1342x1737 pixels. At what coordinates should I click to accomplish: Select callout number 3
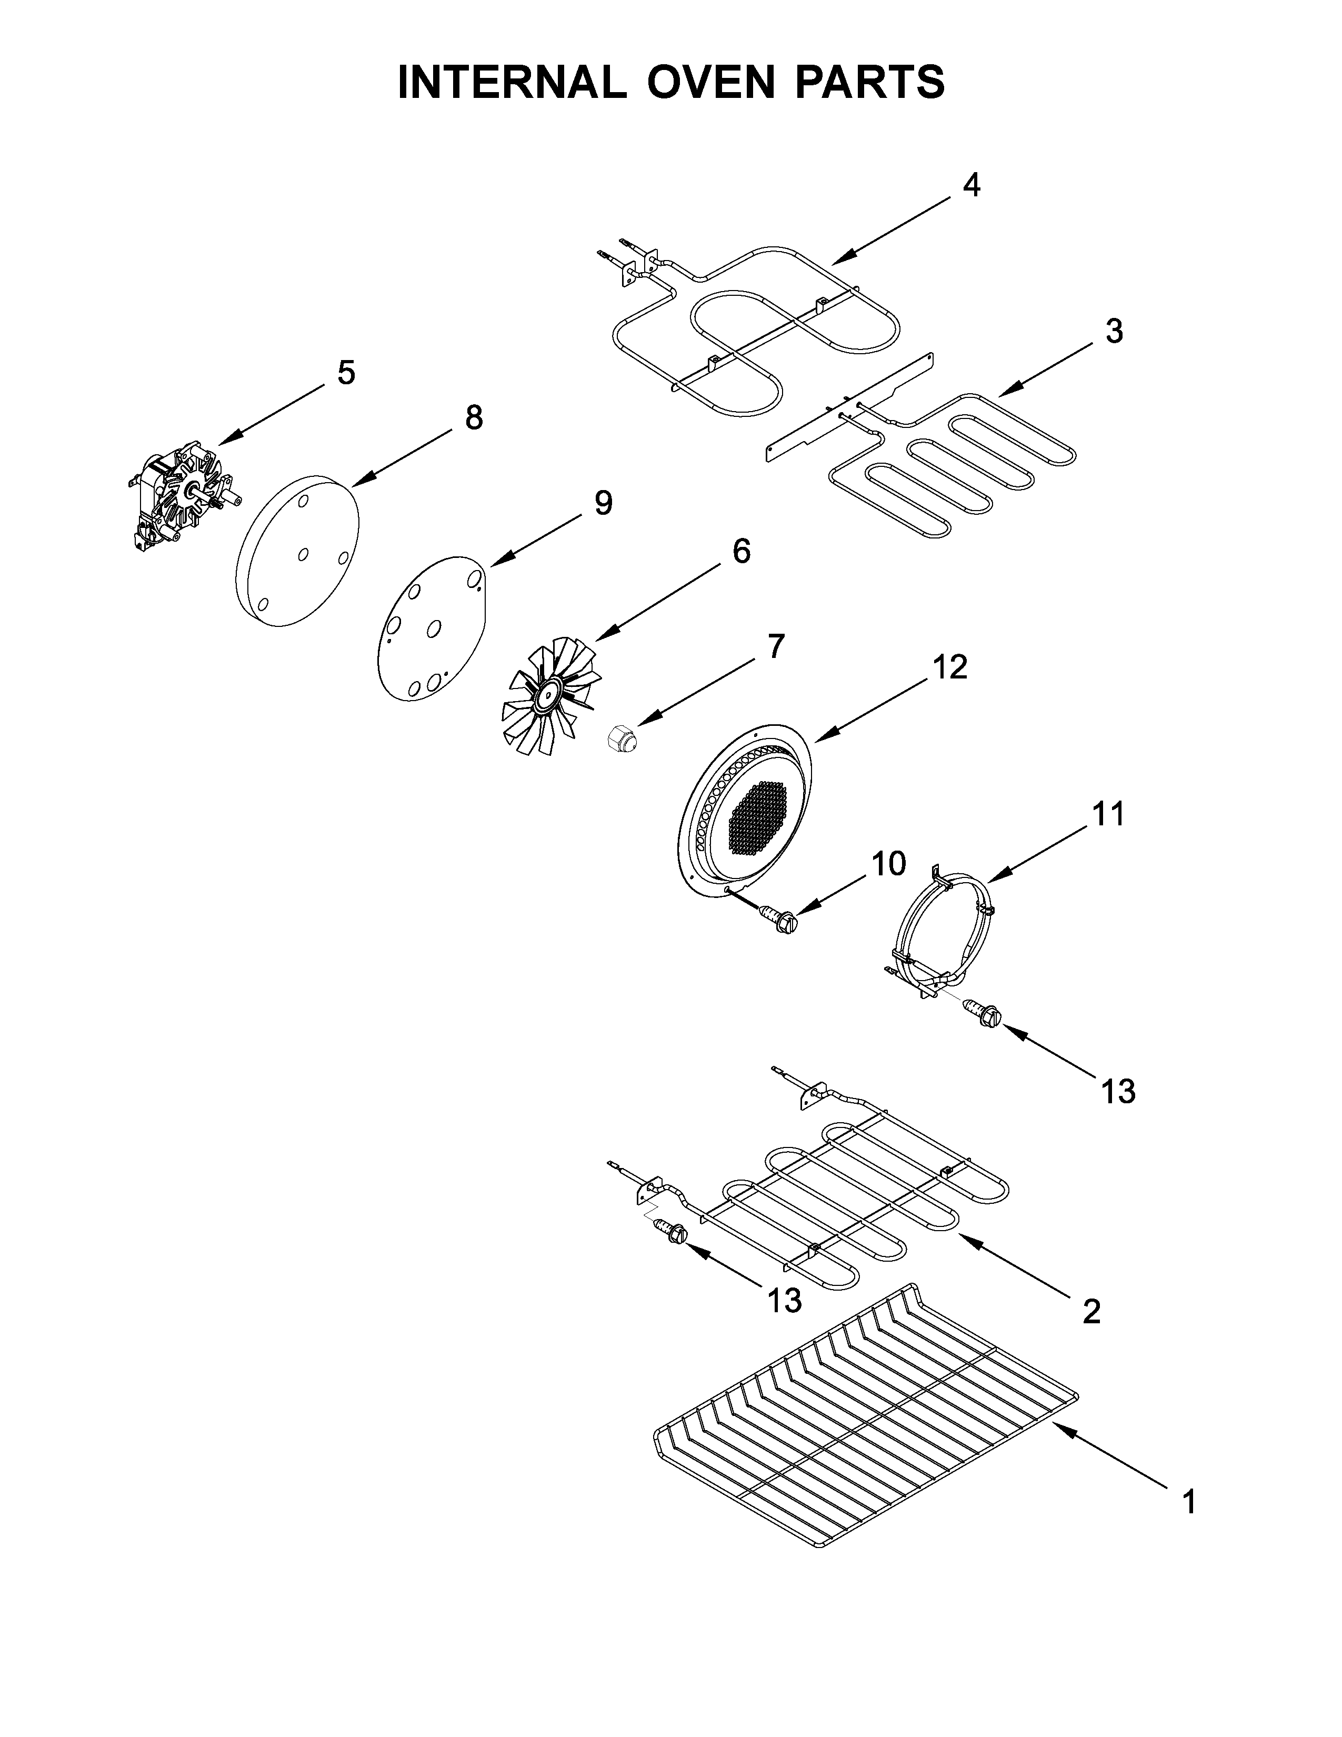(1114, 331)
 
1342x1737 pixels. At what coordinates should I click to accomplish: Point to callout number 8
(474, 417)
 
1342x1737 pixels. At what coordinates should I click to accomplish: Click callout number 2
(1091, 1311)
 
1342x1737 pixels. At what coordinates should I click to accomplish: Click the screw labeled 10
(780, 921)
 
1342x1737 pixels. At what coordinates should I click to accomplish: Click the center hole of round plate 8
(303, 554)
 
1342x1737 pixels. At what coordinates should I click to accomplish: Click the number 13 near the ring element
(1118, 1092)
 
